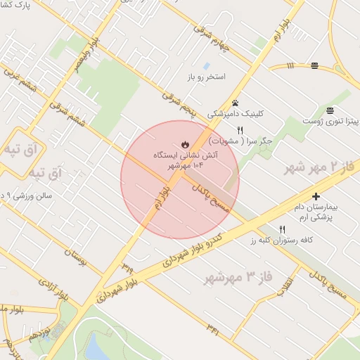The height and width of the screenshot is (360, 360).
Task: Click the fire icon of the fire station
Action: pos(184,143)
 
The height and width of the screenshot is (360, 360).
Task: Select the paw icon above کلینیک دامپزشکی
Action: pos(235,103)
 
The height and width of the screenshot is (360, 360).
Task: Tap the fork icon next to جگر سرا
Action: pos(240,129)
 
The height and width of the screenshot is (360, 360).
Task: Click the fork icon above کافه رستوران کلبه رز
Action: pos(283,229)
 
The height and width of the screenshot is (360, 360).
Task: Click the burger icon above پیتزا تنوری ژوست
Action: pos(330,110)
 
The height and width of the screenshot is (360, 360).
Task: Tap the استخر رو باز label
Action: pos(206,76)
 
